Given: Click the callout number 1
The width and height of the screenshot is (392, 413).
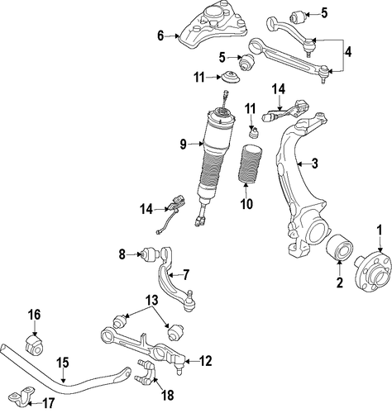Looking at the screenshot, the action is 380,230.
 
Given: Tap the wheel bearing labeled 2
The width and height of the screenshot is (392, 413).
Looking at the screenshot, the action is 339,247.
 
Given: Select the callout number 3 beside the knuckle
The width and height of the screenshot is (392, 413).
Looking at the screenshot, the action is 314,164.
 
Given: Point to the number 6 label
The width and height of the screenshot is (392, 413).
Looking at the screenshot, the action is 160,36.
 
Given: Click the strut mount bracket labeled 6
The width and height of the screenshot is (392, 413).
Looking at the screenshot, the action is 213,26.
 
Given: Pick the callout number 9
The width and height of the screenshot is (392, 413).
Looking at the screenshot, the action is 184,144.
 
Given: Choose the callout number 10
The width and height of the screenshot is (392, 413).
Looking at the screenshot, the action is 246,204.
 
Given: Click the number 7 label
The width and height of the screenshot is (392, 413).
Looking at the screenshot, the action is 186,274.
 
